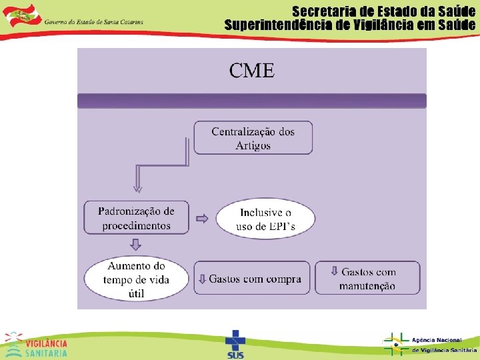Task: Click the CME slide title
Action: tap(252, 71)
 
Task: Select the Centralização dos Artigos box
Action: tap(253, 138)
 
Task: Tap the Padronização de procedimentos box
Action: tap(137, 218)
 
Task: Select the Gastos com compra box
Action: tap(253, 278)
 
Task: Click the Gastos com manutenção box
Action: tap(367, 278)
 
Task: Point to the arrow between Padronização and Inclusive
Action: tap(202, 219)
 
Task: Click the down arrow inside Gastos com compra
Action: tap(201, 279)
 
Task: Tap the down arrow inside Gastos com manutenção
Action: tap(334, 271)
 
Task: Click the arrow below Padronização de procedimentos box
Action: tap(137, 243)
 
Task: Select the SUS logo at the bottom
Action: tap(235, 344)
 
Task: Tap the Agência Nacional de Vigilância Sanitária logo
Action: tap(430, 344)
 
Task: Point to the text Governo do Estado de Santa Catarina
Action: tap(93, 21)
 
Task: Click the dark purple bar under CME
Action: tap(252, 101)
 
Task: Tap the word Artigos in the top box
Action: tap(253, 145)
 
